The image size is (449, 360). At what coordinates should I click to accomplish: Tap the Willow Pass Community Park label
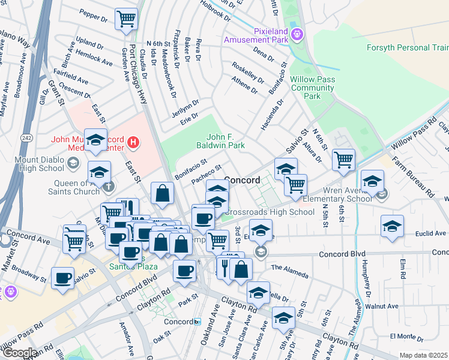312,88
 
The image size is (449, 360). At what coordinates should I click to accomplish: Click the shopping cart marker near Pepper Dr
126,19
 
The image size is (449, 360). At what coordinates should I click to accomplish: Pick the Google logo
19,352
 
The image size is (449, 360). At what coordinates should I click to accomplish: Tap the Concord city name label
242,180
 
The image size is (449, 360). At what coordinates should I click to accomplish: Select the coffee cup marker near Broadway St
62,277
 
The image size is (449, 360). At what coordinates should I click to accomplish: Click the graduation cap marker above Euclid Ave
392,226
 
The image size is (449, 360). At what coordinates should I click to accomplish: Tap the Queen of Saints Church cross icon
108,186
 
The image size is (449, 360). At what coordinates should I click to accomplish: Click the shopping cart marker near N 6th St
343,159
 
